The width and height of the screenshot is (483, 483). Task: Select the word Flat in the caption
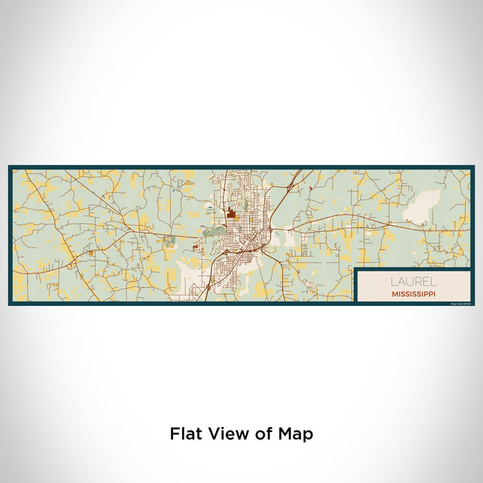pyautogui.click(x=185, y=433)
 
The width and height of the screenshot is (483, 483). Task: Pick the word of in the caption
pyautogui.click(x=263, y=433)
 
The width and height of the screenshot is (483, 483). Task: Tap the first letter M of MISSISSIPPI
pyautogui.click(x=393, y=293)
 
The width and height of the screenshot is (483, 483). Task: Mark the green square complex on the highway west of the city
pyautogui.click(x=170, y=241)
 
